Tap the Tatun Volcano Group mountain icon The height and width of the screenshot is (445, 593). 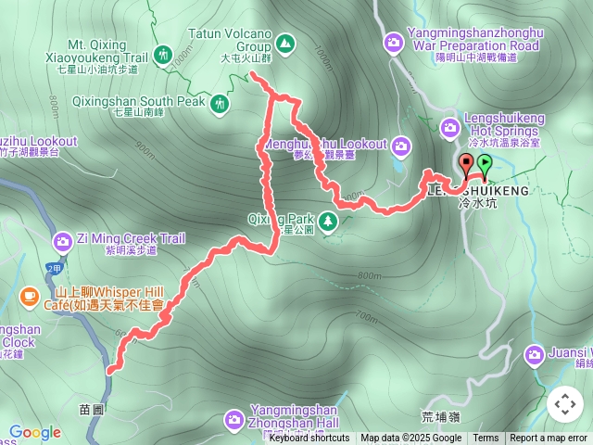(285, 43)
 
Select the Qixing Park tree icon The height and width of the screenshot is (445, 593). (327, 221)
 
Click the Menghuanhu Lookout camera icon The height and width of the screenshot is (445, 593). (401, 145)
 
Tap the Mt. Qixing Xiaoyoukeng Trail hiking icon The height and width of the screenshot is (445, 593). (163, 55)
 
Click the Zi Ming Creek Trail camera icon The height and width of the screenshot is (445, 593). (63, 242)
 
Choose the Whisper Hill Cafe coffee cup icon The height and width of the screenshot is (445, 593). (30, 297)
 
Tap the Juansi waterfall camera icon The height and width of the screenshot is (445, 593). (535, 354)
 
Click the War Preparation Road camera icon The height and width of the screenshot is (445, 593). (393, 42)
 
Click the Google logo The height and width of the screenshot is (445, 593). (34, 432)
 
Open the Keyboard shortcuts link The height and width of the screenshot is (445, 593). (309, 439)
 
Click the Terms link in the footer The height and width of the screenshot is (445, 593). (486, 439)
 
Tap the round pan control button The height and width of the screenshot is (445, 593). (565, 403)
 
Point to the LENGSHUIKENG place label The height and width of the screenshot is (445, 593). (478, 190)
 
